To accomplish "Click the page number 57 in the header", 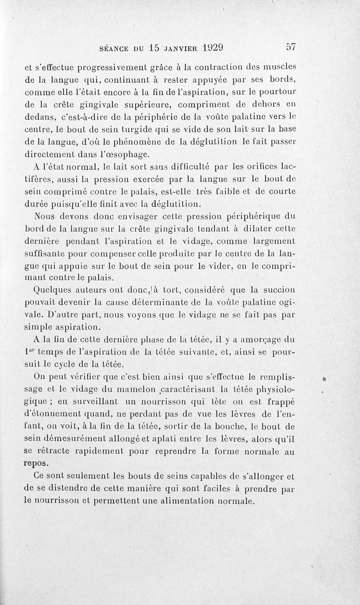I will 290,47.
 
